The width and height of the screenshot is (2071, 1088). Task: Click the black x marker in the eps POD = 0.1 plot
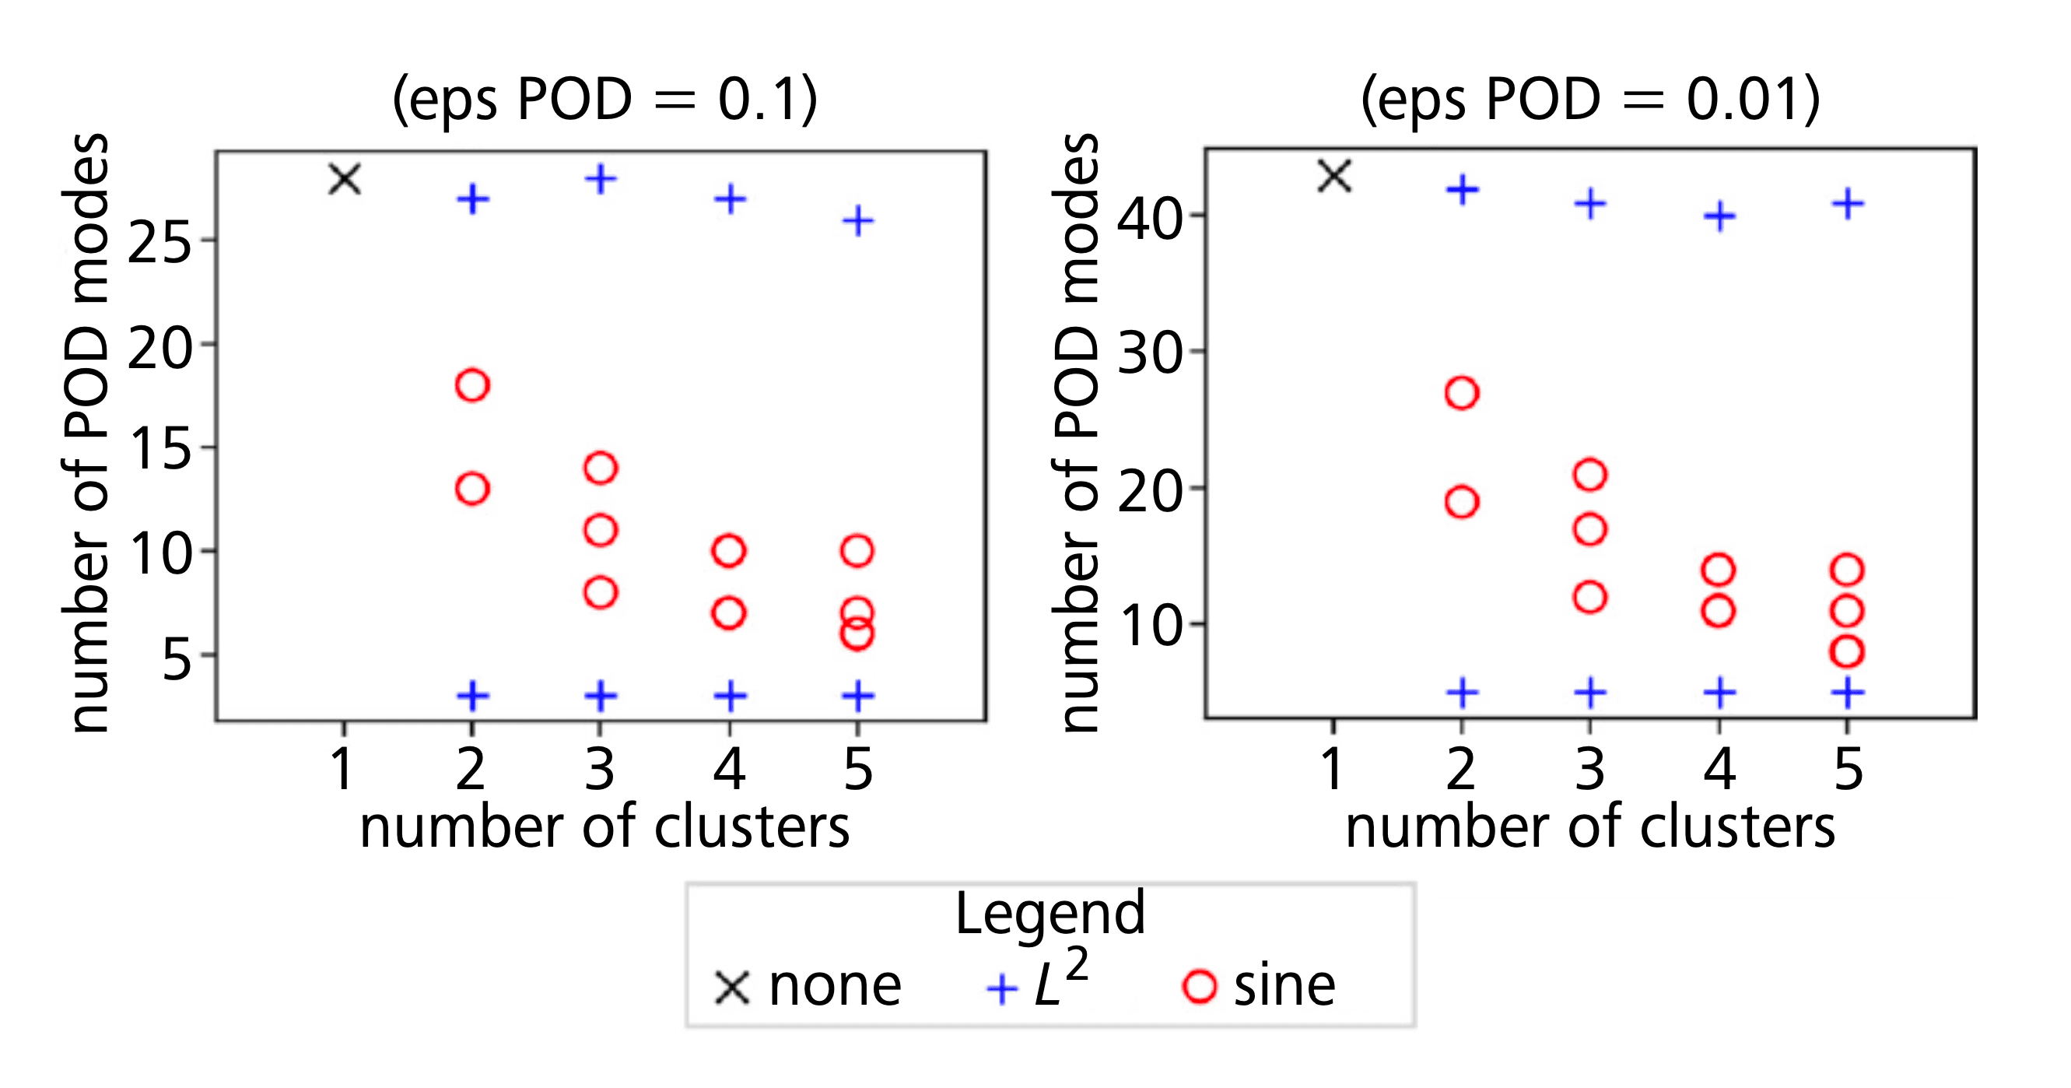[x=345, y=178]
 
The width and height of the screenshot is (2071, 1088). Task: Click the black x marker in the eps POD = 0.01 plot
[x=1334, y=175]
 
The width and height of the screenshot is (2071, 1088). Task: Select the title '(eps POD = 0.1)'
[x=604, y=99]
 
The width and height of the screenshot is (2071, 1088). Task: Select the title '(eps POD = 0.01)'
[x=1590, y=99]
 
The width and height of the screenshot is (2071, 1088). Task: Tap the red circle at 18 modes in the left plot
[x=472, y=385]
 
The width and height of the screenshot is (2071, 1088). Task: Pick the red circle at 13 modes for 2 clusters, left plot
[x=472, y=488]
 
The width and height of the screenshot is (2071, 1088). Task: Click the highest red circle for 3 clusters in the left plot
[x=601, y=467]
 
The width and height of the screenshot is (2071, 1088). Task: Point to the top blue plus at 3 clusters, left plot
[x=601, y=178]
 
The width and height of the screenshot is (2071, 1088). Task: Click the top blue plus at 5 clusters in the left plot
[x=858, y=220]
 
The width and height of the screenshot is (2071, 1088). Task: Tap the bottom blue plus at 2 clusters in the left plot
[x=473, y=696]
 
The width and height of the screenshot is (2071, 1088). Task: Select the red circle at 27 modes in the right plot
[x=1462, y=393]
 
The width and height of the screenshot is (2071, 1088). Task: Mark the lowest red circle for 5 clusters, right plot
[x=1848, y=651]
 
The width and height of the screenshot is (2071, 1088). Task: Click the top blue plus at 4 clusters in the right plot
[x=1719, y=216]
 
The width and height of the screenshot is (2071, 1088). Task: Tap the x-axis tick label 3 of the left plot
[x=600, y=769]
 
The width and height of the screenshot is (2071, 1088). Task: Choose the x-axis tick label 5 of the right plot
[x=1848, y=769]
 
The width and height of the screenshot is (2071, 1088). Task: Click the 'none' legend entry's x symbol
[x=732, y=988]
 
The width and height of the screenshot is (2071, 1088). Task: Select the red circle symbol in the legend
[x=1200, y=987]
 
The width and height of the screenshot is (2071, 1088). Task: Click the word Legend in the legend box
[x=1050, y=914]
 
